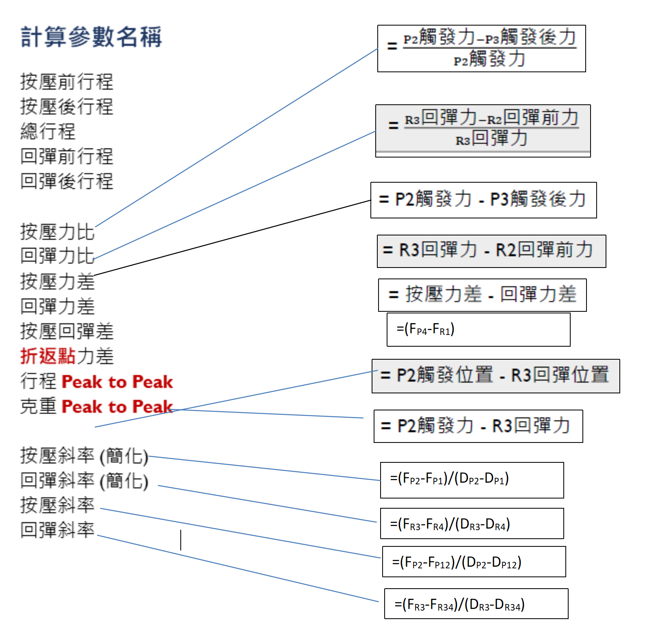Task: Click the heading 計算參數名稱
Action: (x=91, y=37)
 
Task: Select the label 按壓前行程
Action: (x=67, y=82)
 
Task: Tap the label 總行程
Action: (x=48, y=131)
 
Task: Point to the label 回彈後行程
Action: (x=67, y=181)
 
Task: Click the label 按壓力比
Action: (x=57, y=231)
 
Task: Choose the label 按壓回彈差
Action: (x=67, y=331)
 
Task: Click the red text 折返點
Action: (x=48, y=356)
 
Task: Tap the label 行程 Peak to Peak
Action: (x=97, y=382)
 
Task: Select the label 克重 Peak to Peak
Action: (x=97, y=406)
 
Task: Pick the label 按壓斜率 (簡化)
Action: (x=84, y=456)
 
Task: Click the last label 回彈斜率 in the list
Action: (x=57, y=530)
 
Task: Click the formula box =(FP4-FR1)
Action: (x=478, y=330)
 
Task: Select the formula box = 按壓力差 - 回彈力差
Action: (x=483, y=295)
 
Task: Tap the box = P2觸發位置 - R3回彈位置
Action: (x=496, y=376)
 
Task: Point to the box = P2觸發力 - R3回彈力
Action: (x=478, y=426)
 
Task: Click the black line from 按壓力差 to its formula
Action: (x=232, y=238)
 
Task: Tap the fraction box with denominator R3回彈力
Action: (x=483, y=131)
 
